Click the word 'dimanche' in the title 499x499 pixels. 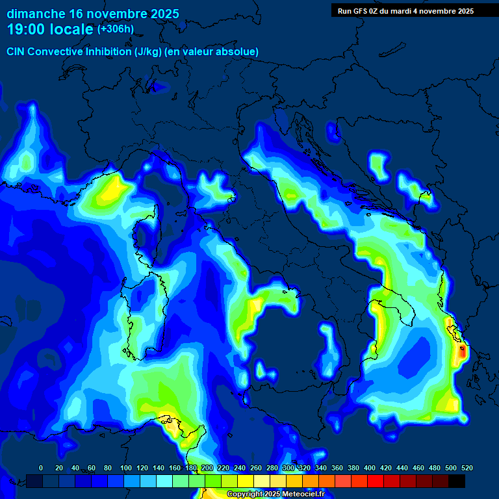point(36,14)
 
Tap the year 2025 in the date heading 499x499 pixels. point(160,14)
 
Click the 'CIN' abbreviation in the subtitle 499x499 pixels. point(16,51)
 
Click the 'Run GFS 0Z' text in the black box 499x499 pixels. point(358,11)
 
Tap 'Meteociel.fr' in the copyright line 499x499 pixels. point(308,494)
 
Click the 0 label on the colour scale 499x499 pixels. point(41,468)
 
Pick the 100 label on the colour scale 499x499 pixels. point(125,468)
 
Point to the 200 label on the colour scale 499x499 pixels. point(207,468)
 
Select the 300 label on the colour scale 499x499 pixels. point(288,468)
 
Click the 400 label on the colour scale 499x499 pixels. point(370,468)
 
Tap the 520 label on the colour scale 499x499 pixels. point(467,468)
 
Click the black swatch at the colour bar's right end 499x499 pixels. point(457,481)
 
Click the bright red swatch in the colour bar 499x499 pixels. point(376,481)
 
